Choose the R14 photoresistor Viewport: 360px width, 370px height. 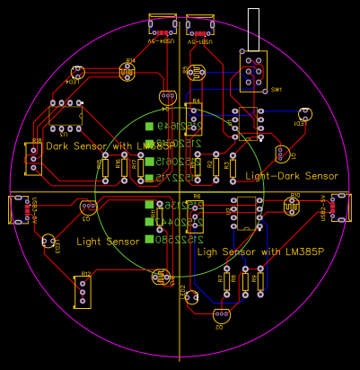tap(127, 72)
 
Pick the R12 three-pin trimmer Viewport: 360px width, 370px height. tap(83, 291)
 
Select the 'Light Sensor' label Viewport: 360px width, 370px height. tap(108, 242)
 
